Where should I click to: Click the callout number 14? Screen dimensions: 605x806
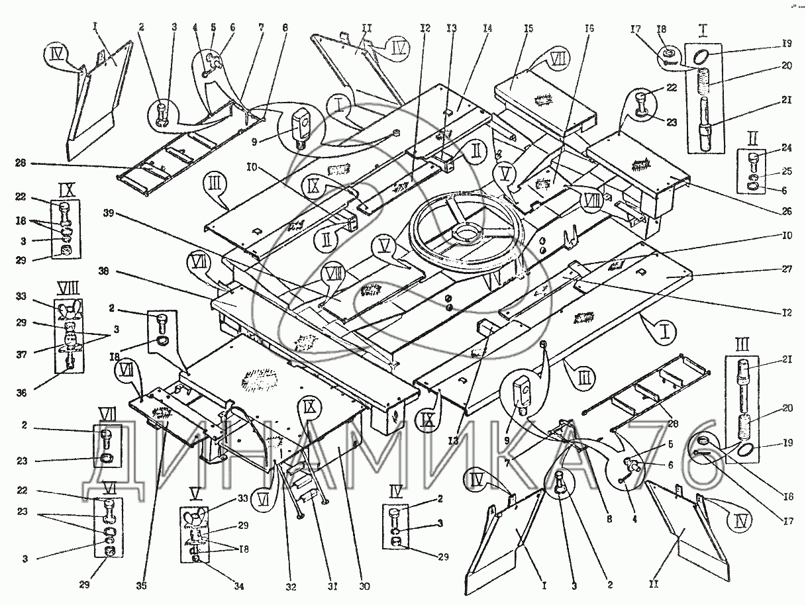click(x=487, y=28)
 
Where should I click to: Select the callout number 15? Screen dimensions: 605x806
click(x=528, y=28)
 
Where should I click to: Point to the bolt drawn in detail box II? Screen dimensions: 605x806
click(x=753, y=162)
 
